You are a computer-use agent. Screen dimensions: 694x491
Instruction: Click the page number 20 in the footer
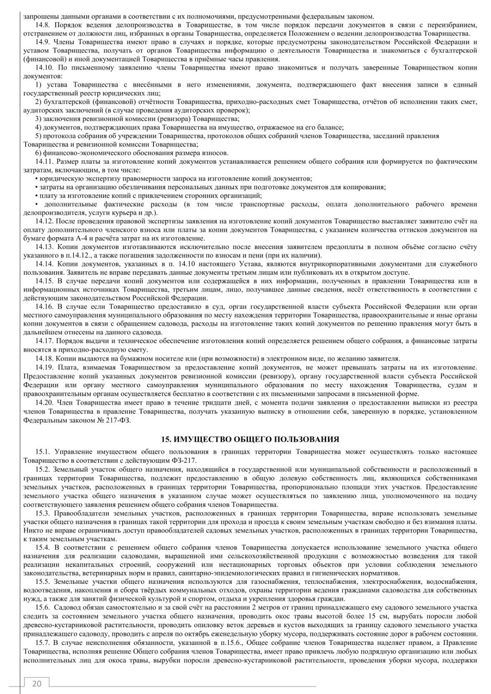tap(37, 683)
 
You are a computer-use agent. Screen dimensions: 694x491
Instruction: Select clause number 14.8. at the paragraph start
tap(44, 25)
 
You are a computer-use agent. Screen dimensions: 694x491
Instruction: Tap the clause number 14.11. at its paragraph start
tap(46, 161)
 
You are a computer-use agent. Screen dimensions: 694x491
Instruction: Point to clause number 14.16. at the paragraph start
tap(46, 307)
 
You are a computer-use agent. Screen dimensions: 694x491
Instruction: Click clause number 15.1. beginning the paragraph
tap(44, 452)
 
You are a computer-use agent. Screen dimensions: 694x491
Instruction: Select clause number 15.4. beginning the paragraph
tap(44, 547)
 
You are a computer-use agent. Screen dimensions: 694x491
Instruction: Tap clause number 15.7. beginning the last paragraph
tap(44, 644)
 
